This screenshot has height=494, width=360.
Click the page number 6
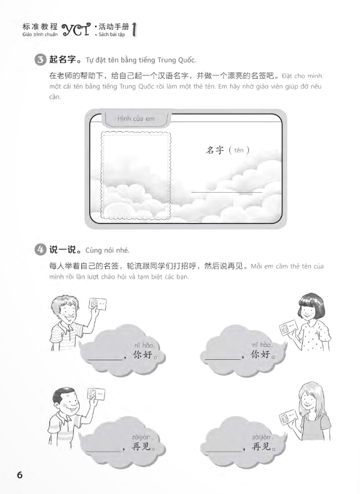point(20,474)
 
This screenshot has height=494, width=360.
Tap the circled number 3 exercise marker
point(40,59)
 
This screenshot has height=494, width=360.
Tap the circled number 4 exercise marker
point(40,250)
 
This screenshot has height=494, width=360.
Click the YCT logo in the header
point(76,30)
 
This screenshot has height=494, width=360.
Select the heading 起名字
point(63,59)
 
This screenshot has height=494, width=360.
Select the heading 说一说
point(63,250)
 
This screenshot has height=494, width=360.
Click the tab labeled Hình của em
point(136,119)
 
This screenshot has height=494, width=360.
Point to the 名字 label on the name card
point(215,150)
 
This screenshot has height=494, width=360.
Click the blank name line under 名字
point(227,192)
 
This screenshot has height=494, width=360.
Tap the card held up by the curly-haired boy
point(97,305)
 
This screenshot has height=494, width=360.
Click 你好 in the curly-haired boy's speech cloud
point(143,355)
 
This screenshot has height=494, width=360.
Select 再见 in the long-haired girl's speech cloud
point(262,446)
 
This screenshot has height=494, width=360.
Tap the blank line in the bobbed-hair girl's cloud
point(222,359)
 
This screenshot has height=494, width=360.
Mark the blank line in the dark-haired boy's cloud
point(104,451)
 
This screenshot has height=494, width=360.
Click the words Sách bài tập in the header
point(112,34)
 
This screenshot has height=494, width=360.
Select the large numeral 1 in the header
point(134,30)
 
